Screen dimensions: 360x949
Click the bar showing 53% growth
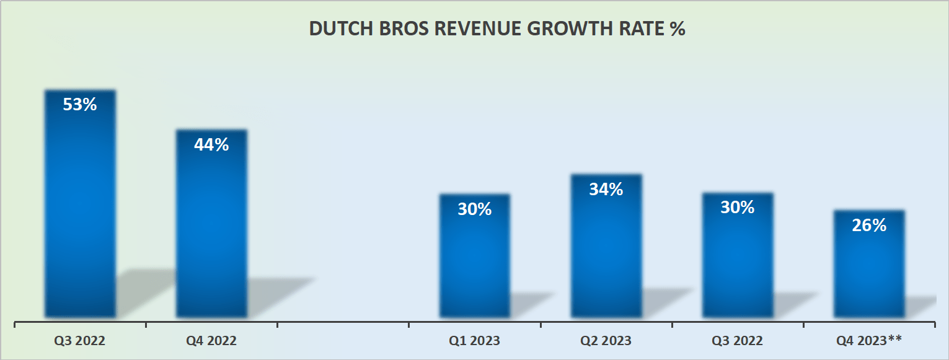pos(80,204)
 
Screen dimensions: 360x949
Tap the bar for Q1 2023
pos(475,260)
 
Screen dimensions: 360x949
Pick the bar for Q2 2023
pos(606,248)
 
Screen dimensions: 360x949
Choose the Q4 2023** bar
pos(869,266)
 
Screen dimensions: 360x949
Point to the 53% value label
pos(80,104)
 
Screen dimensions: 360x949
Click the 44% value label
pos(211,144)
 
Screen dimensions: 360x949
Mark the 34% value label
pos(606,189)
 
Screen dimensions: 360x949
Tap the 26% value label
pos(869,226)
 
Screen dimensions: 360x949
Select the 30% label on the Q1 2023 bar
pos(475,209)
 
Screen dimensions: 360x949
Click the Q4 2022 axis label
pos(211,341)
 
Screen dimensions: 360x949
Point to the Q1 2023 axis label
pos(475,341)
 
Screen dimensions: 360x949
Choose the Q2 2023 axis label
pos(606,341)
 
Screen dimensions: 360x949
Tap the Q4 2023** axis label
pos(869,341)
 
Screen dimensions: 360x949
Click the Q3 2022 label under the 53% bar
pos(80,341)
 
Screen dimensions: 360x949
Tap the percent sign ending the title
pos(677,29)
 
